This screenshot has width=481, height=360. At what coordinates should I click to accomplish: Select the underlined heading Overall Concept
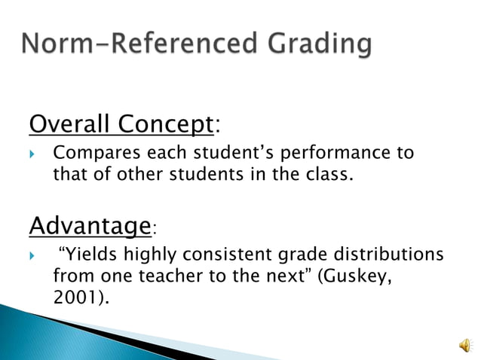point(121,122)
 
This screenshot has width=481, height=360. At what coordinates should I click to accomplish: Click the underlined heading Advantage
point(90,224)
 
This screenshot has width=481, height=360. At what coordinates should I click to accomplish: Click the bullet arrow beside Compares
point(32,154)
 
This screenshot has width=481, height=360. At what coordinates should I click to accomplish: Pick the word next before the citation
point(285,276)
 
